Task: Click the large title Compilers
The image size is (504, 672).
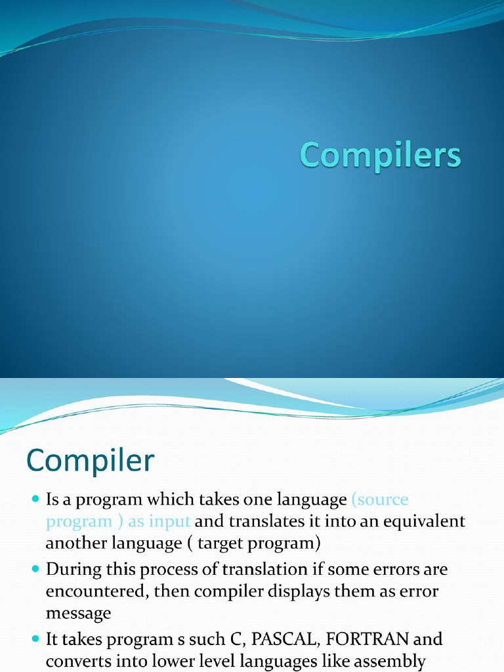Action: [381, 156]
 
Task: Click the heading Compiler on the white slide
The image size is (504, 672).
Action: [91, 461]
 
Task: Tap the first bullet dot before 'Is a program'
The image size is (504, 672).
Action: [35, 500]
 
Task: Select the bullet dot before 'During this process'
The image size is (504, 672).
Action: [35, 569]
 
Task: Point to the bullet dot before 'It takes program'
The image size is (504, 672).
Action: [35, 639]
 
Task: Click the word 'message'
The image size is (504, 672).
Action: [78, 614]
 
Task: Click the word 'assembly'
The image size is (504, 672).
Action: [391, 661]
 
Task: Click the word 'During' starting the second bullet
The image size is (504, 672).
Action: [71, 569]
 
